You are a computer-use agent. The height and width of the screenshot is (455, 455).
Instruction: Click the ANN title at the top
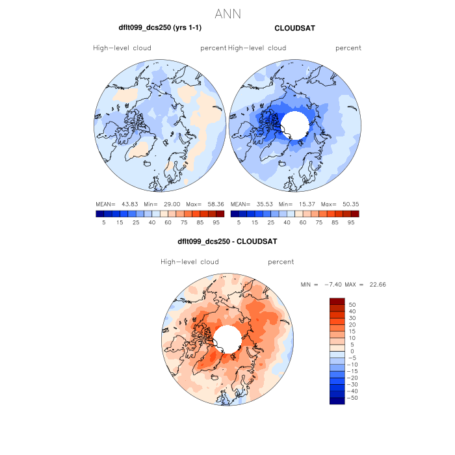(228, 14)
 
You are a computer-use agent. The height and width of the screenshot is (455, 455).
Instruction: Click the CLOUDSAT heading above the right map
(294, 29)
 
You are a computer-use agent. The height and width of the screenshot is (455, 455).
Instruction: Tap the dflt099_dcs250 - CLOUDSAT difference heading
(227, 241)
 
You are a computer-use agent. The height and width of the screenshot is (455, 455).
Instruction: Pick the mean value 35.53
(261, 204)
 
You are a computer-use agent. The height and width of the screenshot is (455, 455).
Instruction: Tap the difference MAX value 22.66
(378, 285)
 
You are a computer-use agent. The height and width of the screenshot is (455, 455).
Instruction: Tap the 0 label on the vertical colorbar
(351, 351)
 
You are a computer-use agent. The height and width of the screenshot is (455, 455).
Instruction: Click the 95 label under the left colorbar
(215, 222)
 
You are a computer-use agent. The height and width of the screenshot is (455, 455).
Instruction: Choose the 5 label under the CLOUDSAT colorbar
(239, 222)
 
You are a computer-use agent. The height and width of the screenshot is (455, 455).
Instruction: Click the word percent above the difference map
(281, 262)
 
